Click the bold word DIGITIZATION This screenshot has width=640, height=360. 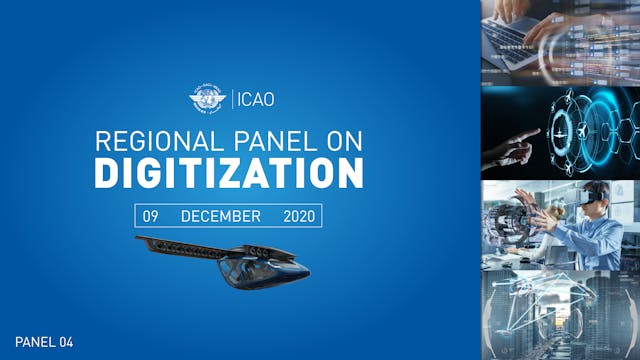pos(228,173)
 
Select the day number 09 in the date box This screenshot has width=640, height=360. pos(150,216)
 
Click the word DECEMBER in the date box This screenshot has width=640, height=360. pos(221,216)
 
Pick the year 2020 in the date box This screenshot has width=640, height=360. pos(298,216)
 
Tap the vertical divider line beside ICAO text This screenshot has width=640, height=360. pos(231,100)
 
